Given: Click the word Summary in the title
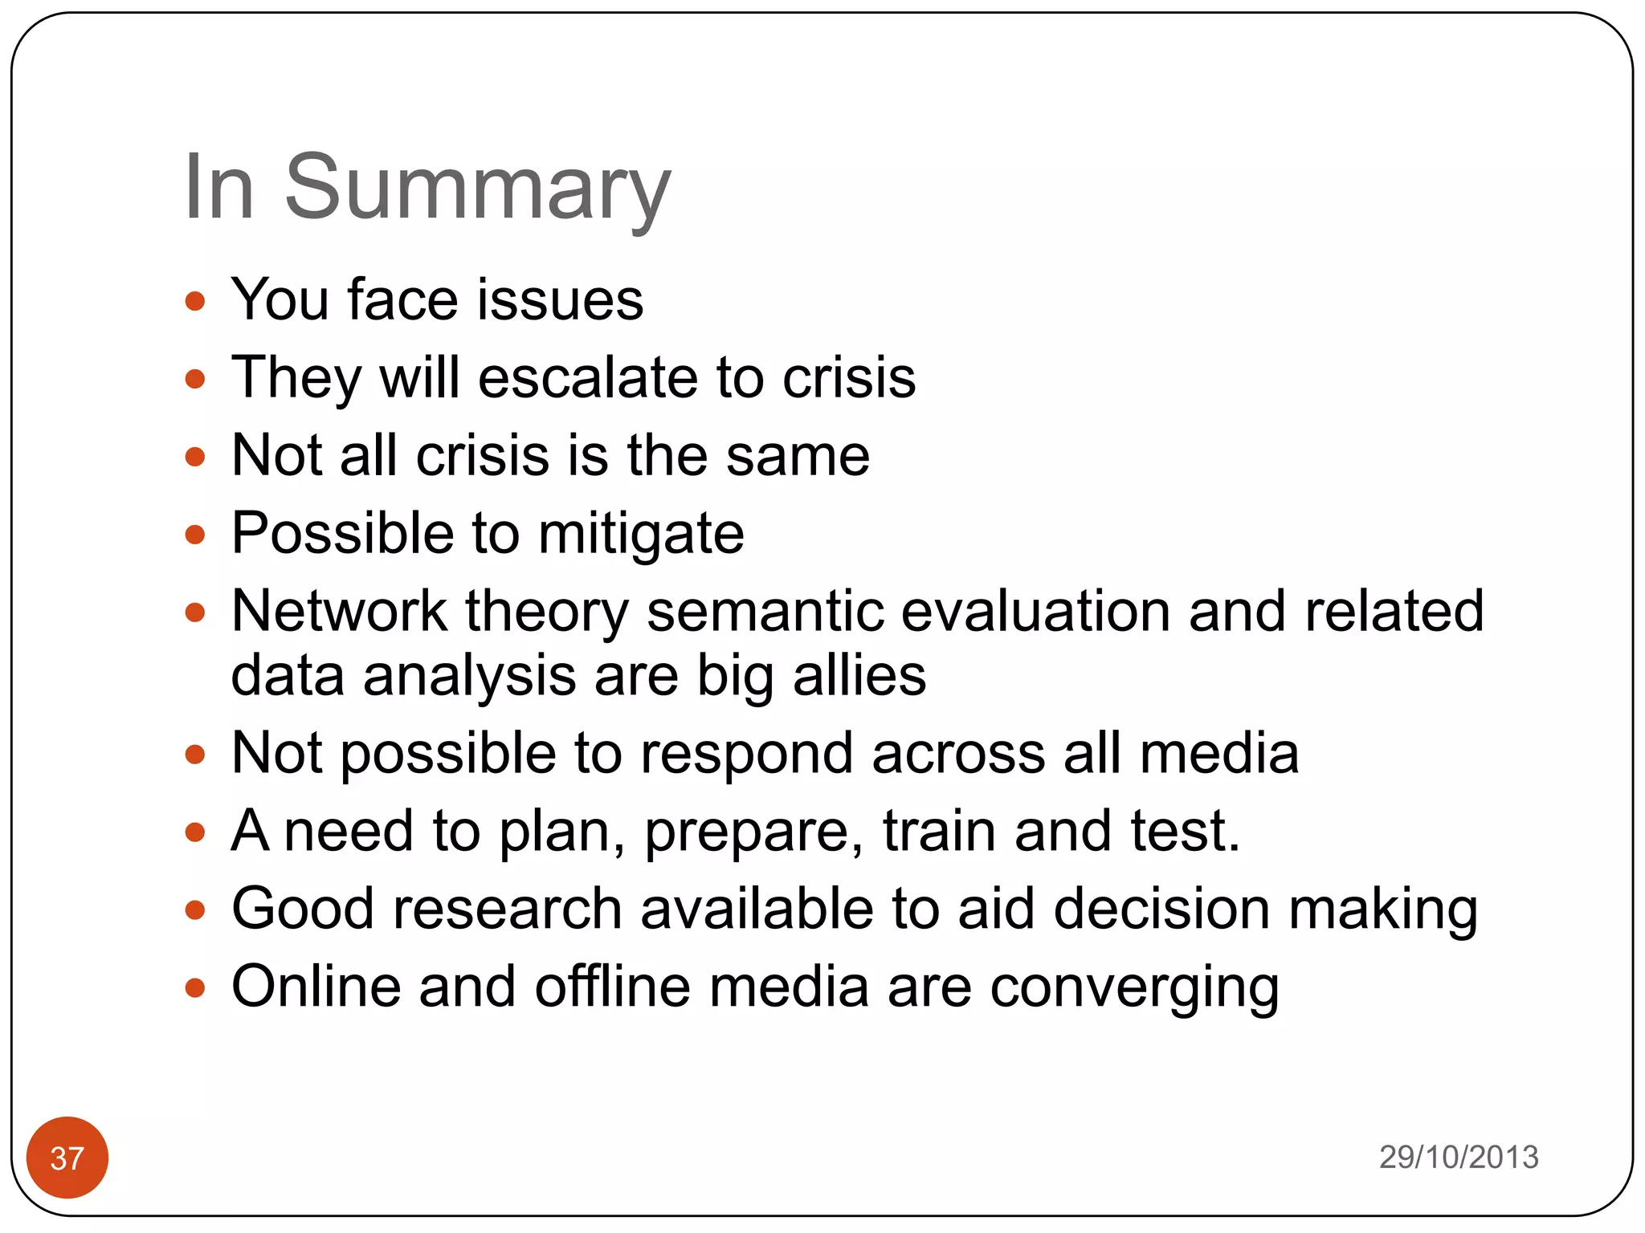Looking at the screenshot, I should tap(477, 189).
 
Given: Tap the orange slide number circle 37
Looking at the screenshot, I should tap(67, 1157).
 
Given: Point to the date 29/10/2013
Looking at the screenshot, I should tap(1458, 1157).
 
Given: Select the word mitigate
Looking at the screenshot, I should tap(641, 535).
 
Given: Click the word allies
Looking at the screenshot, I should tap(859, 676).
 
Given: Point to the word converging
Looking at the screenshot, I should tap(1134, 988).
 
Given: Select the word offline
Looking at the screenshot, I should tap(612, 987).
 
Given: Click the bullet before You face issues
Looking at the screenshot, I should tap(195, 302).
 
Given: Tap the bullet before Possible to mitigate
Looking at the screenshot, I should tap(195, 535).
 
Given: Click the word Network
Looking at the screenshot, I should tap(338, 612).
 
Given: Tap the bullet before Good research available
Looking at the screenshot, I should tap(195, 910).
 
